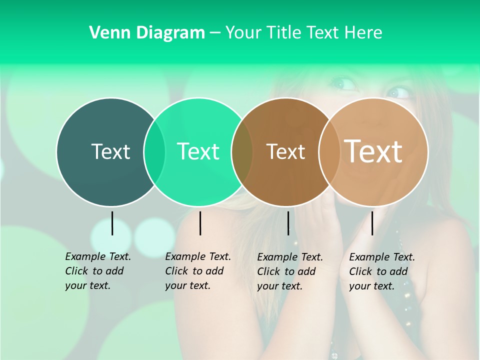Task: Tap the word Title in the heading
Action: (x=284, y=33)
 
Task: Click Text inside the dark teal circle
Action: (x=110, y=151)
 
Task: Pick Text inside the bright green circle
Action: (x=198, y=151)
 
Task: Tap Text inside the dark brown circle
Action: (x=285, y=151)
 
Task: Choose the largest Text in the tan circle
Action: (x=373, y=151)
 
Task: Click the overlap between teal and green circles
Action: (x=154, y=151)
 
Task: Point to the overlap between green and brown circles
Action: (x=242, y=151)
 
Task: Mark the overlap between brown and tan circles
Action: (x=329, y=151)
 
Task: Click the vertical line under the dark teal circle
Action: (x=112, y=223)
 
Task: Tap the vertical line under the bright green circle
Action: (x=200, y=223)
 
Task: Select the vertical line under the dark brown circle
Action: (x=288, y=223)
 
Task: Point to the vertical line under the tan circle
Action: (x=372, y=223)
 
